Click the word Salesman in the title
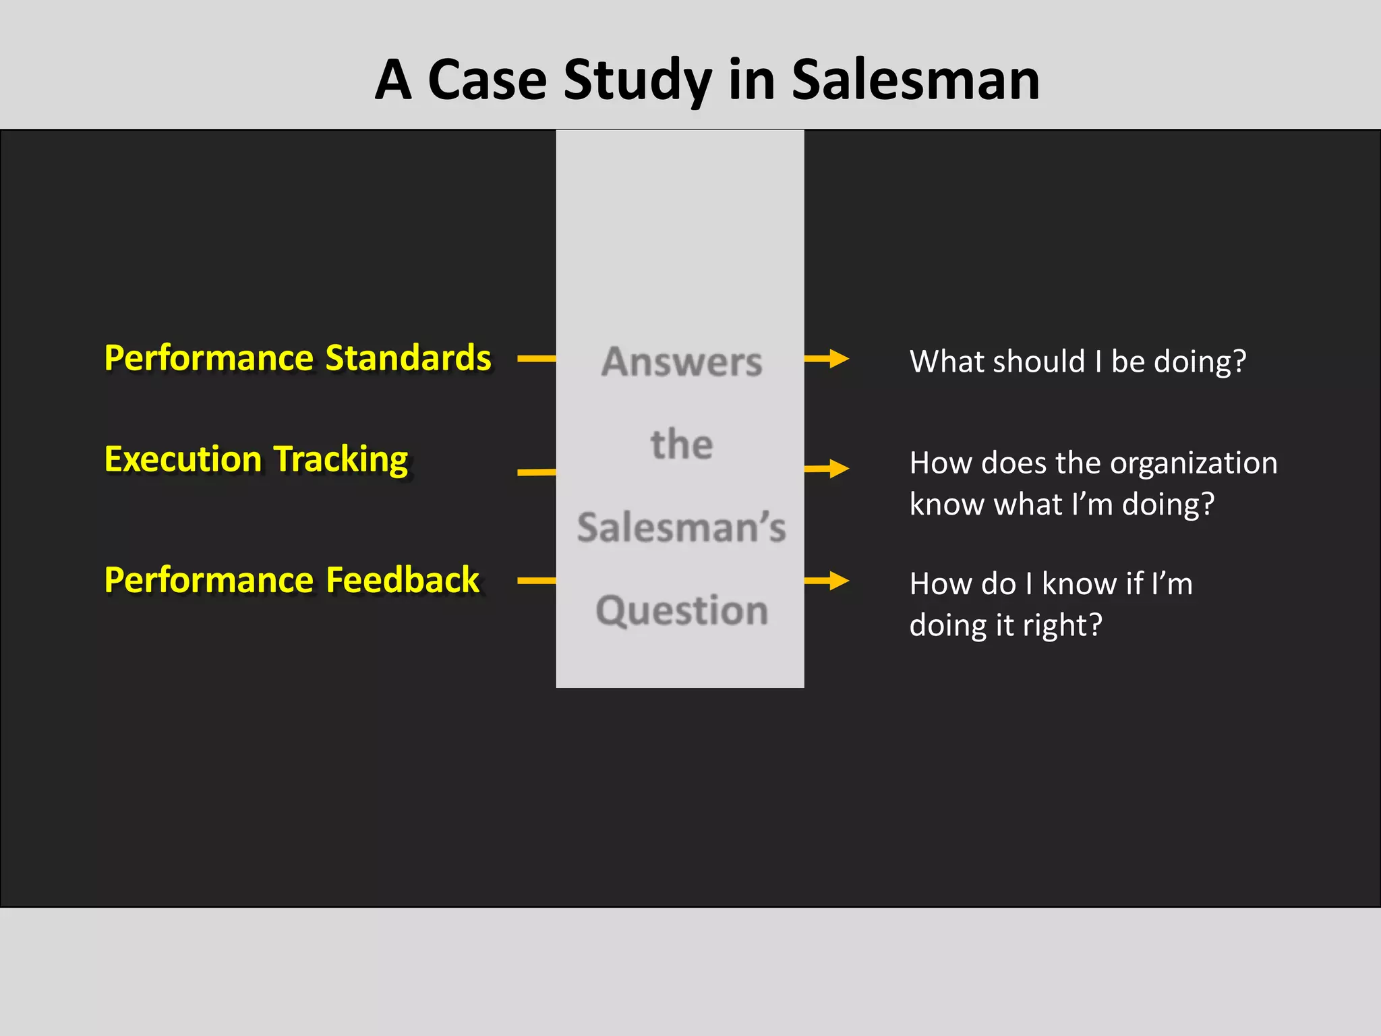(x=915, y=80)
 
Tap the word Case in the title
(x=487, y=80)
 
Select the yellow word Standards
(x=408, y=357)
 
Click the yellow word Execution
(x=183, y=459)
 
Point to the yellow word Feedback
(x=402, y=579)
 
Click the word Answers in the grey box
(x=682, y=362)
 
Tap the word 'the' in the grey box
(x=682, y=444)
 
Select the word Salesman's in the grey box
(x=682, y=527)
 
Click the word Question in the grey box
(x=682, y=611)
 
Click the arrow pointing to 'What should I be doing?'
(x=827, y=359)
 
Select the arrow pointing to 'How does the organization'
(x=827, y=468)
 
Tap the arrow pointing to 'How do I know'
(x=827, y=580)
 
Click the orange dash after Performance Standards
(x=537, y=359)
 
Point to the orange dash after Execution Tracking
(x=537, y=472)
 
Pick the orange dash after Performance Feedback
(x=537, y=580)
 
